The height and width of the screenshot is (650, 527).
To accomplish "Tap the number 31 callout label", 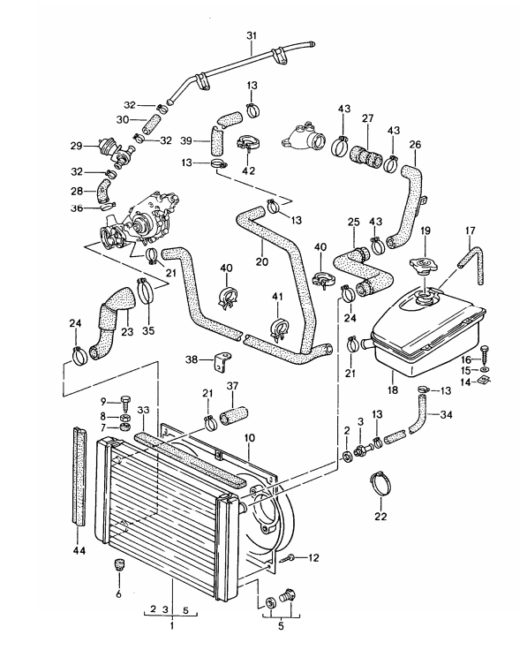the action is pos(252,36).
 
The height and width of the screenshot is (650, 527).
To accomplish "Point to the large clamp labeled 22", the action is pos(380,483).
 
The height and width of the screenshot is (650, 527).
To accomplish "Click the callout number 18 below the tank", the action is pos(392,390).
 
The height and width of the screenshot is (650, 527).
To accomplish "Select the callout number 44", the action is pos(79,550).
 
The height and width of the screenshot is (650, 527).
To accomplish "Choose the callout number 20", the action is pos(262,261).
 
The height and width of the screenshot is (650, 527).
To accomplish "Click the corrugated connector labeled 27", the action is pos(366,157).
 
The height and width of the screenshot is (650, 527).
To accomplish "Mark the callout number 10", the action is pos(250,438).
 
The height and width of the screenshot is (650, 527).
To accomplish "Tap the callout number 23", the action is pos(128,331).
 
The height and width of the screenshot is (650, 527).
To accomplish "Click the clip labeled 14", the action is pos(485,379).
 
